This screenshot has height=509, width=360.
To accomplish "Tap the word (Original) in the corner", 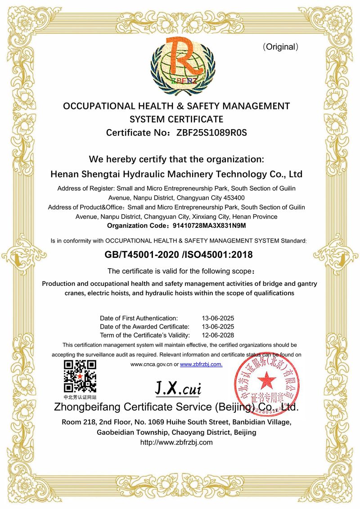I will point(280,47).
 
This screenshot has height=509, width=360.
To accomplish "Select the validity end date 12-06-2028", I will point(218,335).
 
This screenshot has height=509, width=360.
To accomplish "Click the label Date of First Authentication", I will point(139,318).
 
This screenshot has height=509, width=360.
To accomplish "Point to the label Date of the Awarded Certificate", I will point(144,326).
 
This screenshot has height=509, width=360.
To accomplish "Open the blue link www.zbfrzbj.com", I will point(201,365).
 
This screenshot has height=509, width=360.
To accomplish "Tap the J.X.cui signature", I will point(178,387).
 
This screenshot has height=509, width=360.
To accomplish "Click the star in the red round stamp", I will point(267,381).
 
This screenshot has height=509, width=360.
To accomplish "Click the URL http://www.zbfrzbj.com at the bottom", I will point(176,442).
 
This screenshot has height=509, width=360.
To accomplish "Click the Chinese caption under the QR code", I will point(80,397).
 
